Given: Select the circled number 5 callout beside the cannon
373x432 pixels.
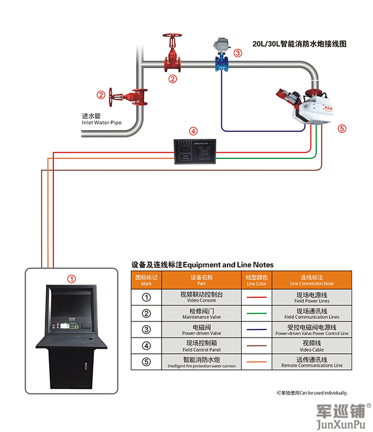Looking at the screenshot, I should click(x=341, y=129).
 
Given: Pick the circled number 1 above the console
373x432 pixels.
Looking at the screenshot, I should click(x=71, y=279).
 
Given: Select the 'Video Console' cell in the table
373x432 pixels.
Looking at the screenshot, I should click(x=201, y=297).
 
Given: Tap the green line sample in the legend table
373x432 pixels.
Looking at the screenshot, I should click(x=256, y=314).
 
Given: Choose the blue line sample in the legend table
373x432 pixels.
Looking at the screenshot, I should click(x=256, y=330).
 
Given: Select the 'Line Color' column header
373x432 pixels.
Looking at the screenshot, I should click(x=256, y=280).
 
